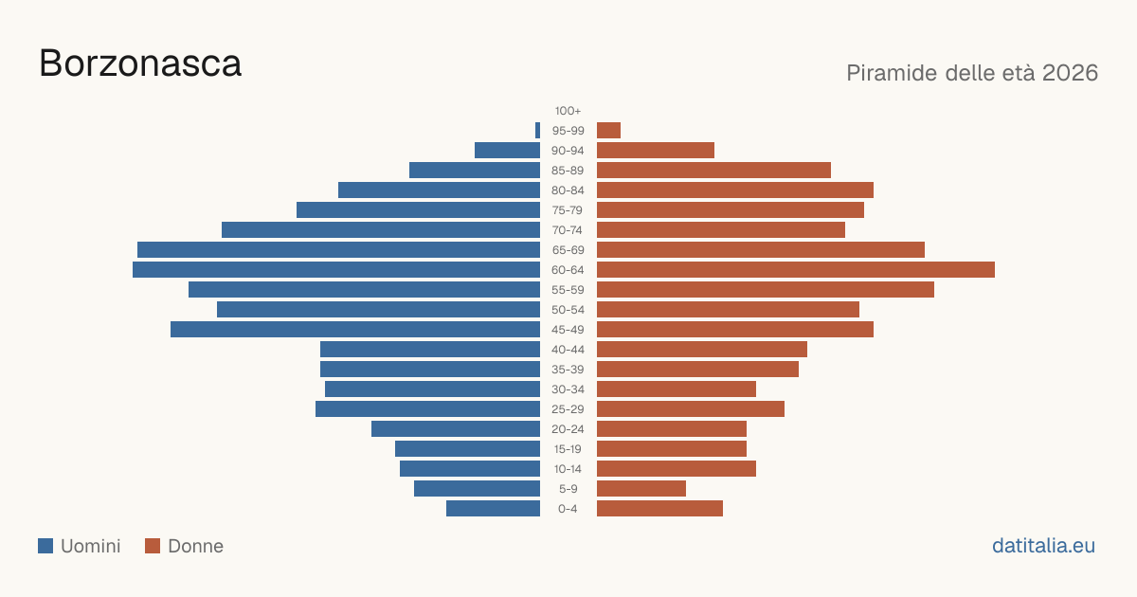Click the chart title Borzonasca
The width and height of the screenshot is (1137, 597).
coord(140,63)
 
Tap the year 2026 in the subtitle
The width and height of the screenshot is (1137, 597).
coord(1070,73)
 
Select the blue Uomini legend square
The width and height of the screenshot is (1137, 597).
coord(45,546)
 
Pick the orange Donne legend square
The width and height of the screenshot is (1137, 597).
coord(153,546)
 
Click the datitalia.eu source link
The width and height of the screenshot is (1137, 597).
coord(1043,546)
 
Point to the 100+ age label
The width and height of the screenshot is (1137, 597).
coord(568,111)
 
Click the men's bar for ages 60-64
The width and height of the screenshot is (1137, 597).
coord(336,269)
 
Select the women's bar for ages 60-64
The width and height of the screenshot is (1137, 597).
coord(796,269)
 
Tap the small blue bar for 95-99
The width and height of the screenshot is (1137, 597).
coord(537,131)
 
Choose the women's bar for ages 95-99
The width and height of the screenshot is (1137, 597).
coord(608,131)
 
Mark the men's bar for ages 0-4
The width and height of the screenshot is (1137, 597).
coord(493,509)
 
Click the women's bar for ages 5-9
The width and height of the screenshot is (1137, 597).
coord(641,489)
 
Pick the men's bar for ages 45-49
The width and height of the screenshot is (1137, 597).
coord(355,330)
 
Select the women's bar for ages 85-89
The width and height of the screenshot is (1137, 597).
coord(713,170)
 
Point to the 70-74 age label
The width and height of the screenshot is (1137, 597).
coord(568,230)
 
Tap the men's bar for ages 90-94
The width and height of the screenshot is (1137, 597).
coord(507,151)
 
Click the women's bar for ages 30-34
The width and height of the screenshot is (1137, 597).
coord(677,389)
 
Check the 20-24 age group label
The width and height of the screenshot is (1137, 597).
coord(568,429)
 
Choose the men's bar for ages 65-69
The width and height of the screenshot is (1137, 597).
coord(338,250)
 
